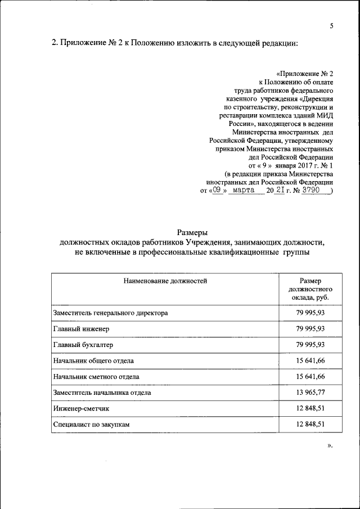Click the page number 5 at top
coord(332,26)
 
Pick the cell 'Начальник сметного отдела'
coord(96,376)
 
